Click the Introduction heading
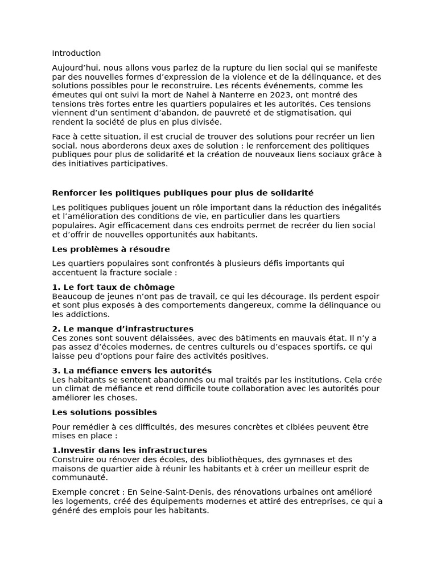(x=76, y=53)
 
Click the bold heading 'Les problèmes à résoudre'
(x=110, y=249)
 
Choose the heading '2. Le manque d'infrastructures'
(x=122, y=329)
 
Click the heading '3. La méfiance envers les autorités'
(x=131, y=371)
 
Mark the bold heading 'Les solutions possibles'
(x=104, y=412)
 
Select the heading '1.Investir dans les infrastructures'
(x=129, y=450)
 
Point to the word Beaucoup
(x=71, y=296)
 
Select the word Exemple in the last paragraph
(x=68, y=492)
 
